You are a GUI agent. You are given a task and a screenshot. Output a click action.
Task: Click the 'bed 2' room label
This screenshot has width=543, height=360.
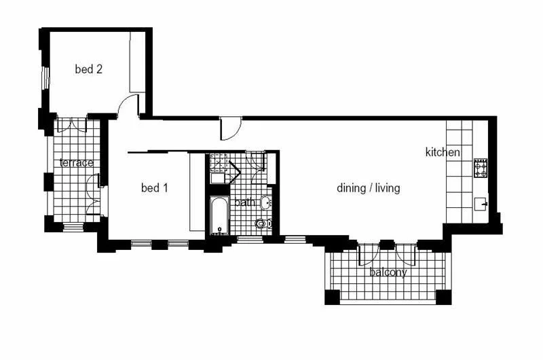pos(88,69)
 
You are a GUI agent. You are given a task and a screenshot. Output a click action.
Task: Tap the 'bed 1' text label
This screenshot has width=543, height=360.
pos(154,187)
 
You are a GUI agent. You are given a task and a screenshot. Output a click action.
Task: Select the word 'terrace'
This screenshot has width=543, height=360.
pos(76,163)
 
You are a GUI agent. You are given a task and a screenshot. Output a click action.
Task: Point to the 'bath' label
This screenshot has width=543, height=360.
pos(244,202)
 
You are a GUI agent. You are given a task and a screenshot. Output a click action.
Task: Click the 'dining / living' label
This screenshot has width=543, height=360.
pos(369,187)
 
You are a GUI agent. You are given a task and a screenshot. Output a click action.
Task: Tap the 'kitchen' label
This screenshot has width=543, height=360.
pos(443,152)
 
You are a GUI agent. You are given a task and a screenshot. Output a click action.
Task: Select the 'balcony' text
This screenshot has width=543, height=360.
pos(388,272)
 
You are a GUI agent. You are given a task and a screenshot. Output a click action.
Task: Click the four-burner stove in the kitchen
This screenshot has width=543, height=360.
pos(481,168)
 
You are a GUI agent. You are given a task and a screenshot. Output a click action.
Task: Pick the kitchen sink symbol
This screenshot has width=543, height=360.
pos(481,202)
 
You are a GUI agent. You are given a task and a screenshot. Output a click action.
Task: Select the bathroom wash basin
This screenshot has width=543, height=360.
pos(265,202)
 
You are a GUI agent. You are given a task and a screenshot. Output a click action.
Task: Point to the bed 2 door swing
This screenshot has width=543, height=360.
pos(127,105)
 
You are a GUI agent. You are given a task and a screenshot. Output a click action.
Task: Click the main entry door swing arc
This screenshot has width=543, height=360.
pos(231,128)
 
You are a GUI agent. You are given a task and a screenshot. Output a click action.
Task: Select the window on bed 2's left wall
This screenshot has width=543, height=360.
pos(45,78)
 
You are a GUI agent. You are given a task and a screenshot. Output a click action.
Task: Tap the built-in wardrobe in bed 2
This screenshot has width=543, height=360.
pos(138,62)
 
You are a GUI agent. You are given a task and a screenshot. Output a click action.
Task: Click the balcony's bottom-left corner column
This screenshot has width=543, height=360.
pos(331,297)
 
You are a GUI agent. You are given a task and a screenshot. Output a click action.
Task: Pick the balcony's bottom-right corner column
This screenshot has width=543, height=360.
pos(443,297)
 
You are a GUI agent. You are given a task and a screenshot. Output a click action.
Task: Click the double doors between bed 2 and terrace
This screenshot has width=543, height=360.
pos(71,126)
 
